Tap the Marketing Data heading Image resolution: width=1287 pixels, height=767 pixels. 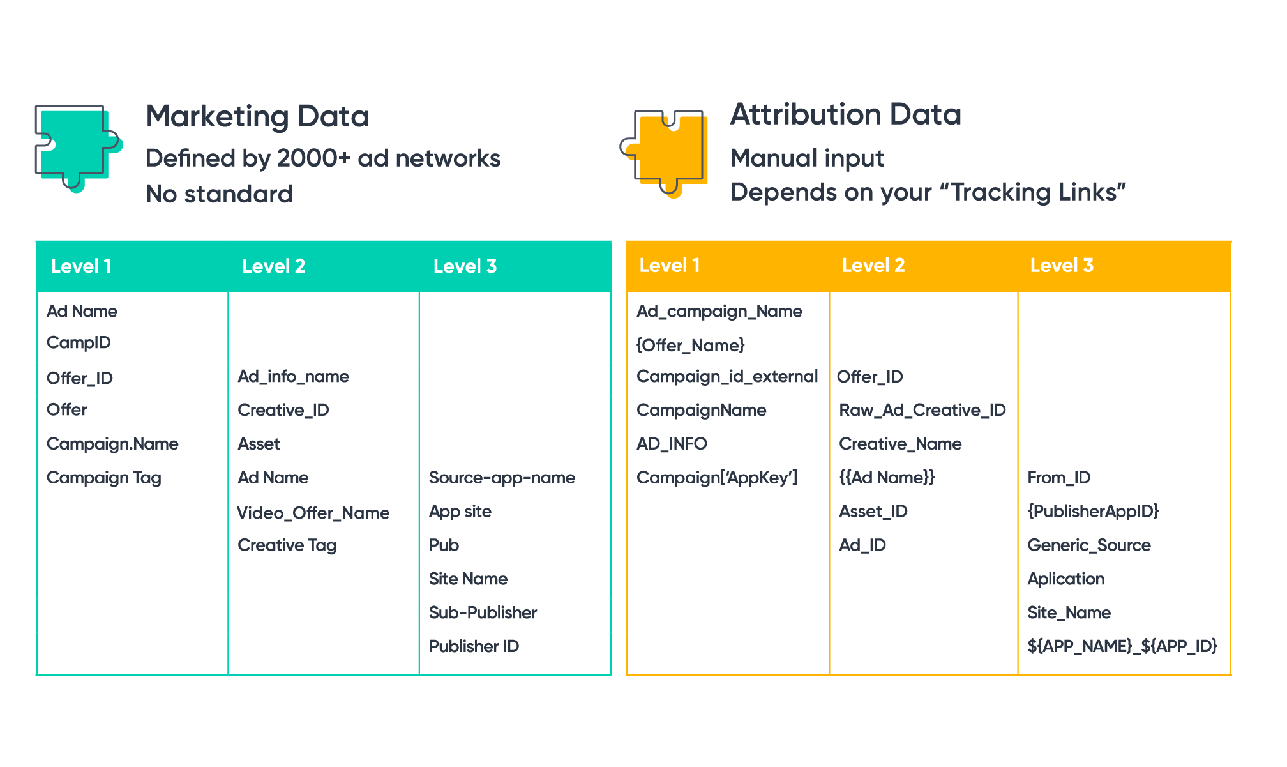[257, 116]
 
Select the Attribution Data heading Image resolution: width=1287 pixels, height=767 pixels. [845, 114]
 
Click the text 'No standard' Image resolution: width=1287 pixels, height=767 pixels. [219, 194]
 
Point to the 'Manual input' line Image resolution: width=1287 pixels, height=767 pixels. [807, 158]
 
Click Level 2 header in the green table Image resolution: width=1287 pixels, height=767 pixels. [273, 266]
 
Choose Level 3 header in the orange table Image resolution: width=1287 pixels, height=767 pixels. [1061, 265]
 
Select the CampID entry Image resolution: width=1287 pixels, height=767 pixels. [79, 343]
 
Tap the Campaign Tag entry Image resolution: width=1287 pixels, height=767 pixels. [103, 478]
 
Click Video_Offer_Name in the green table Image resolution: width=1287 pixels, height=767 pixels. [313, 513]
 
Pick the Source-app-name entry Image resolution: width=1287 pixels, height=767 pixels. [502, 478]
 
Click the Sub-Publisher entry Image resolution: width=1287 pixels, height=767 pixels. [483, 612]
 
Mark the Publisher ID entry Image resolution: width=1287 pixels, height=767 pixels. [474, 646]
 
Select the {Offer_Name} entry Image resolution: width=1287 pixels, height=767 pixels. [691, 346]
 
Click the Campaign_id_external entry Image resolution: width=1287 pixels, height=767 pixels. [727, 377]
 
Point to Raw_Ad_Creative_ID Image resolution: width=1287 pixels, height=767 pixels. [922, 410]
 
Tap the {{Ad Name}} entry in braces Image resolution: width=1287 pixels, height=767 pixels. [886, 478]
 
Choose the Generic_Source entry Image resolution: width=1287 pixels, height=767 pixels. [1088, 545]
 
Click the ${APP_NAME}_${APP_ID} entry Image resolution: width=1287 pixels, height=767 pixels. [1122, 646]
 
